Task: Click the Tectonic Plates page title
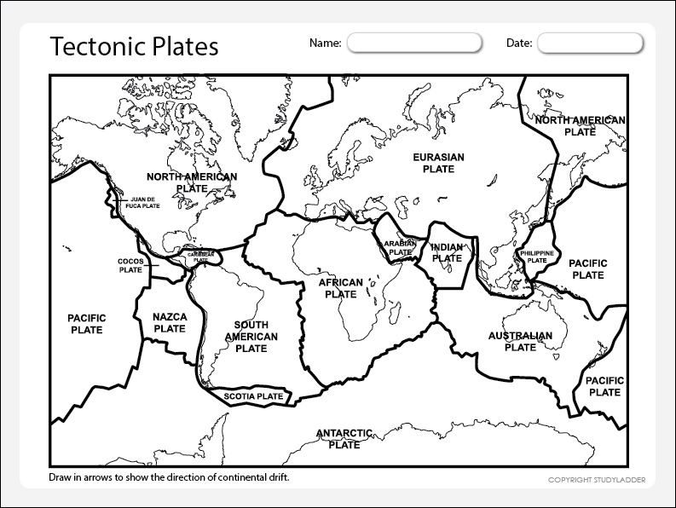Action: (134, 45)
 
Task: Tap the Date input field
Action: (589, 43)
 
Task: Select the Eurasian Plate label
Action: (438, 163)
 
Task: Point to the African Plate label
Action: (341, 288)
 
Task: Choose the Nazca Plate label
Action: (170, 322)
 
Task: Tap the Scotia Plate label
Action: (254, 396)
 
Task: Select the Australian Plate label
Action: (520, 341)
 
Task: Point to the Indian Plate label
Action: (447, 252)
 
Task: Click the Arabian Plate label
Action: (399, 247)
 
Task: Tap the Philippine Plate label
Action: (537, 257)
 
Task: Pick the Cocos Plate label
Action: (130, 265)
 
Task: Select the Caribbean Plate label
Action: (200, 256)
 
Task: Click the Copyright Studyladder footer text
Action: (596, 480)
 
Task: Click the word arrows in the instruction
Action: (93, 476)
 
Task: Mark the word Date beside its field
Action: (519, 43)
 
